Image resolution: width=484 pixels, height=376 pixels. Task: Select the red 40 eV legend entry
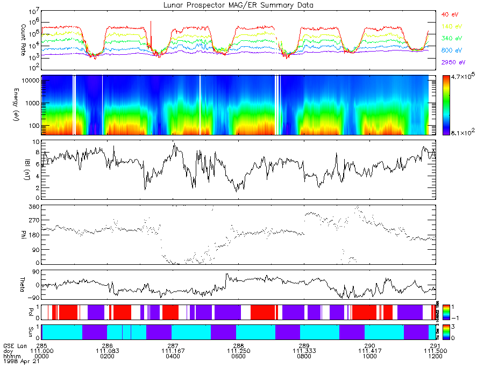click(x=449, y=14)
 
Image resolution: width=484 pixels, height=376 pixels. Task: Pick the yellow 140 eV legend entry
click(x=450, y=26)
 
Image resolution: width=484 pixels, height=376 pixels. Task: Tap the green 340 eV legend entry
click(x=450, y=38)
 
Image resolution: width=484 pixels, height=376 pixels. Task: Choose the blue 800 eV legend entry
click(x=450, y=50)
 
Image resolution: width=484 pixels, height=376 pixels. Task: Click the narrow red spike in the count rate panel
click(x=151, y=32)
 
